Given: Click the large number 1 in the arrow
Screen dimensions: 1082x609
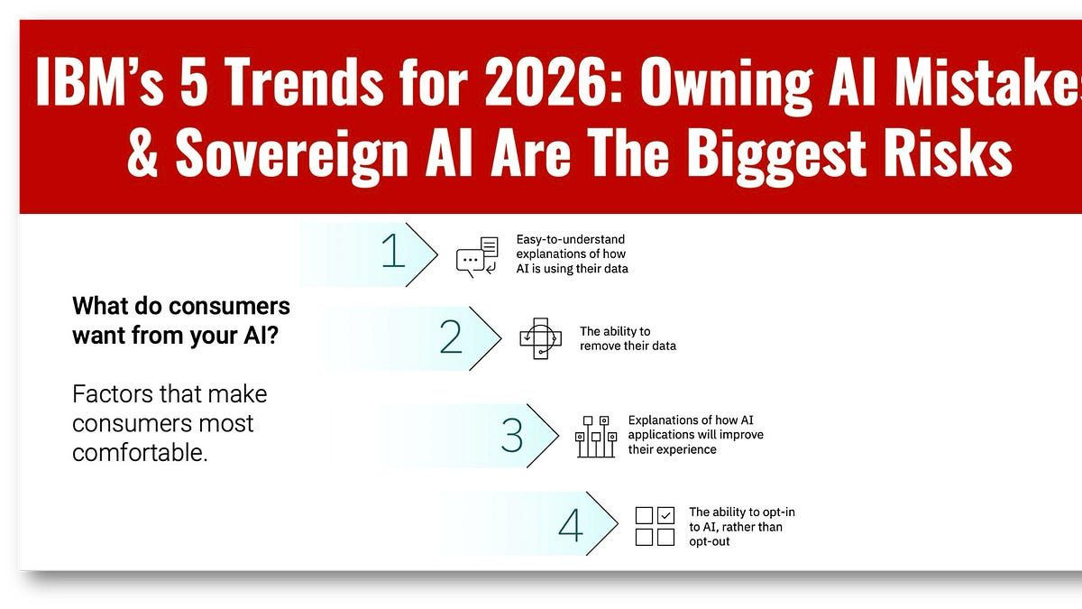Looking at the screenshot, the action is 393,251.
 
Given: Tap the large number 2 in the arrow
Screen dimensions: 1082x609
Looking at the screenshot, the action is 451,337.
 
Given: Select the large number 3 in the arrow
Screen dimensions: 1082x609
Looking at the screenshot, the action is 512,435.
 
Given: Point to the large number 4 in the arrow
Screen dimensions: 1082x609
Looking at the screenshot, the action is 571,524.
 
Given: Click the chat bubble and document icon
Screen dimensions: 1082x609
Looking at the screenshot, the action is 477,256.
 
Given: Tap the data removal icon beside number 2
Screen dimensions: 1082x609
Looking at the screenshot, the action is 540,338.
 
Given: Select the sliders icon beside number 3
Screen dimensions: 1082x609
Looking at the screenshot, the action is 596,437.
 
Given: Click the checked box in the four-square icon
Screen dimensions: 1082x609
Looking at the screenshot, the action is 666,515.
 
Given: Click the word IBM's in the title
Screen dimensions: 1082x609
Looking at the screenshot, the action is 99,80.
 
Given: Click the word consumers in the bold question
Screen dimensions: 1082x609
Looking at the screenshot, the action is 229,307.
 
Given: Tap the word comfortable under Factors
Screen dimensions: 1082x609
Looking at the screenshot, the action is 140,453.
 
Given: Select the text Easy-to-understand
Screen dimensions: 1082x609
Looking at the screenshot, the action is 571,240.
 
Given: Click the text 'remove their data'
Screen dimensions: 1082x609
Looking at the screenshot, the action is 628,346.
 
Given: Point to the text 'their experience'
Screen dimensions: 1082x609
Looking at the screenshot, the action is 672,450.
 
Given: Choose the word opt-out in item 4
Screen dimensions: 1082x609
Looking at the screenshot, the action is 709,542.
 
